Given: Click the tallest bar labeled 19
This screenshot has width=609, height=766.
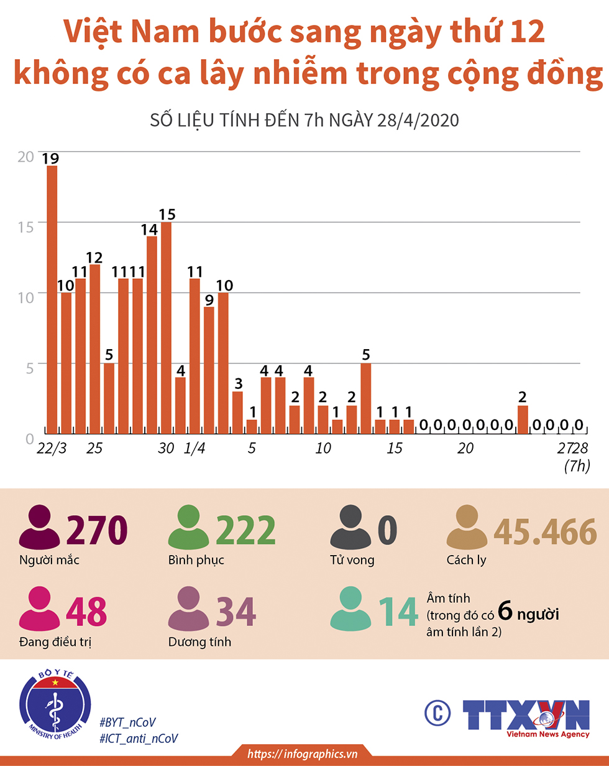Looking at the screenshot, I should (52, 299).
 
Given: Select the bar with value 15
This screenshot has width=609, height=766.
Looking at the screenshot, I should (166, 327).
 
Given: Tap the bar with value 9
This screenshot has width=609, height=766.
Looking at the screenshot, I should (209, 370).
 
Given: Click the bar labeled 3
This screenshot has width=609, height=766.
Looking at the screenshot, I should (237, 411).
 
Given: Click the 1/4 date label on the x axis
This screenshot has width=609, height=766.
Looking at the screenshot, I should (195, 449).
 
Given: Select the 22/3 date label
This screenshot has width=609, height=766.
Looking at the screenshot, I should (52, 449).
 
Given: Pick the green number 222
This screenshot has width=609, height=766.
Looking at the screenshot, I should (247, 531).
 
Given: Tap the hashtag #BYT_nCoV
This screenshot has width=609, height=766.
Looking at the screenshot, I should (127, 722).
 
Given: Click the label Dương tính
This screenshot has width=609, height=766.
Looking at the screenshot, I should (199, 642).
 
